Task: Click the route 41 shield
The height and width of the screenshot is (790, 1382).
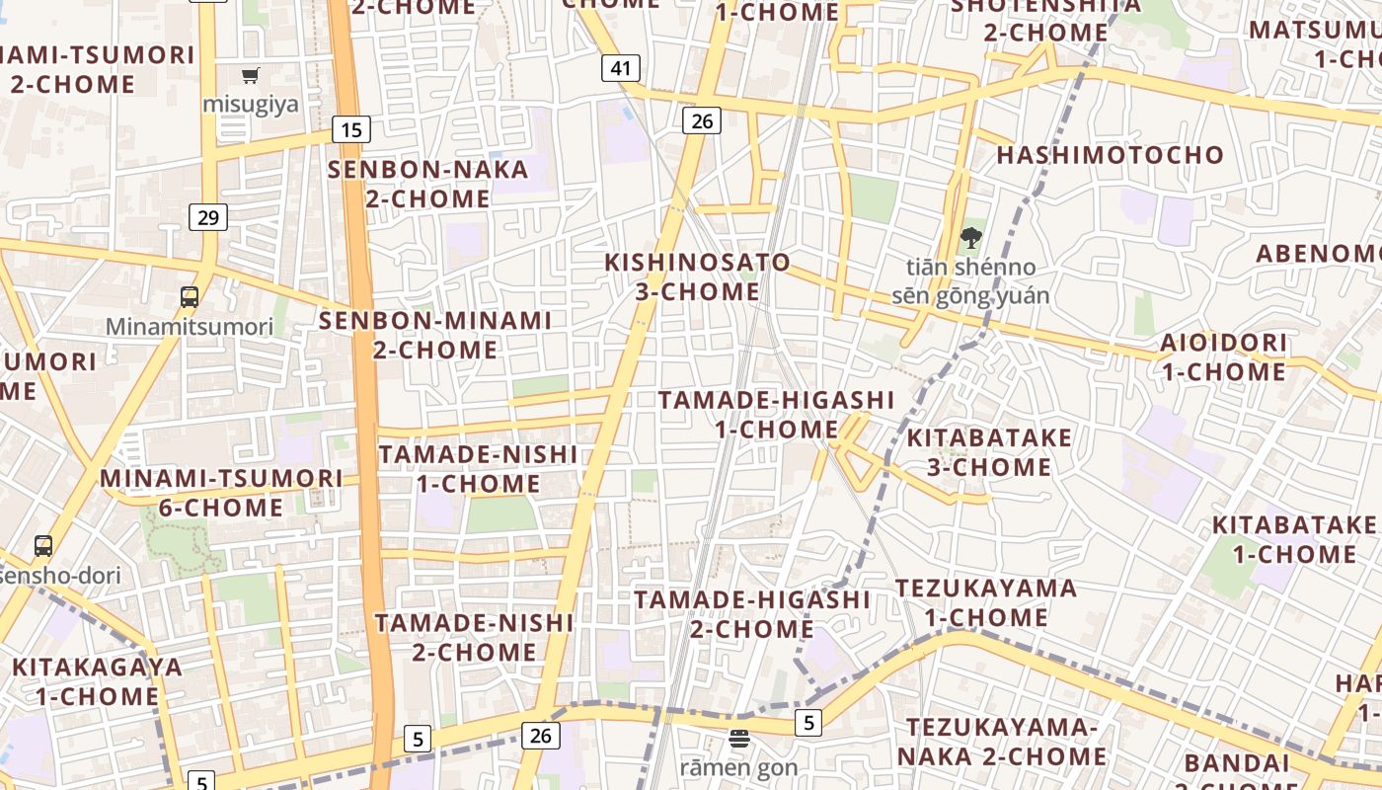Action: tap(621, 68)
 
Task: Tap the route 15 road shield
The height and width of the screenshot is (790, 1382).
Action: tap(351, 128)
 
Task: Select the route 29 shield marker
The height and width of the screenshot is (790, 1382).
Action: tap(208, 217)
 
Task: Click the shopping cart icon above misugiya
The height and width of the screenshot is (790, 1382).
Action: tap(251, 75)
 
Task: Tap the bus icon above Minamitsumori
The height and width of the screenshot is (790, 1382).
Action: tap(189, 296)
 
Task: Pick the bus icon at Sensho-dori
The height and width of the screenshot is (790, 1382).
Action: tap(43, 545)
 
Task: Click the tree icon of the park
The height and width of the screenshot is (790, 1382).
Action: tap(971, 237)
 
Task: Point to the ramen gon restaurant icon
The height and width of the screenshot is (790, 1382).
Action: tap(739, 738)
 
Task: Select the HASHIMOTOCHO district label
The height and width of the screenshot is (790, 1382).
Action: tap(1110, 155)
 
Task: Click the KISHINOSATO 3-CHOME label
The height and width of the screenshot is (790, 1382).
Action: tap(697, 277)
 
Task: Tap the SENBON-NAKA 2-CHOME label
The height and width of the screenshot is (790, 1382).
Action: tap(428, 184)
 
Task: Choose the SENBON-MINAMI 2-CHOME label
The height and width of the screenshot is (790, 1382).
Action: tap(434, 335)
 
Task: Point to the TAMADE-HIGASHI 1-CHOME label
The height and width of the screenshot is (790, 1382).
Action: tap(776, 415)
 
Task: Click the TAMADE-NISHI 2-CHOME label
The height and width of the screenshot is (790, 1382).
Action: tap(474, 638)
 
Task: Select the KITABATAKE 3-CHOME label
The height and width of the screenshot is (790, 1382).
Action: tap(989, 452)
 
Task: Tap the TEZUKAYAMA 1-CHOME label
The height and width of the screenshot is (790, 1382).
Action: tap(985, 602)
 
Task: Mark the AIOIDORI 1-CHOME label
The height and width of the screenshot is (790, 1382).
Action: tap(1224, 357)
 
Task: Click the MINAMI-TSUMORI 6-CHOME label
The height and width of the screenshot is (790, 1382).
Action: tap(221, 493)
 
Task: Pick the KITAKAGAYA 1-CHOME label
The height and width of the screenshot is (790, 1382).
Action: tap(98, 681)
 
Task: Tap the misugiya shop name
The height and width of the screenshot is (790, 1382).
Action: tap(251, 105)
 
